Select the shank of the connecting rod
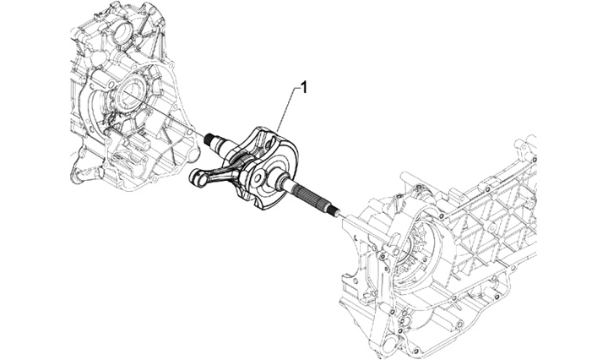pos(221,169)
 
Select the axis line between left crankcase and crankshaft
pos(173,123)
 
